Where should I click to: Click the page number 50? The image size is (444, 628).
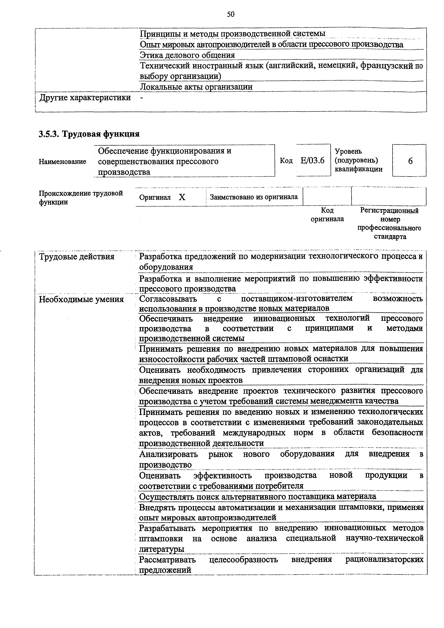click(x=231, y=14)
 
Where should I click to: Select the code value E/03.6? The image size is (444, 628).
click(x=312, y=161)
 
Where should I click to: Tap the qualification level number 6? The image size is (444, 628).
click(x=410, y=161)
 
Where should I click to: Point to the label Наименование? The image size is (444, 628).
click(x=62, y=162)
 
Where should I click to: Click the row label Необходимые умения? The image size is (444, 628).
click(x=81, y=299)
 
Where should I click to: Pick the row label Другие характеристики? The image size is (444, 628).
click(x=85, y=98)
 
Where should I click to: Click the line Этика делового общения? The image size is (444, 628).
click(x=187, y=55)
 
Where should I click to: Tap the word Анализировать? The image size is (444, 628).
click(x=168, y=454)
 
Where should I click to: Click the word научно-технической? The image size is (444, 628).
click(x=385, y=538)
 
